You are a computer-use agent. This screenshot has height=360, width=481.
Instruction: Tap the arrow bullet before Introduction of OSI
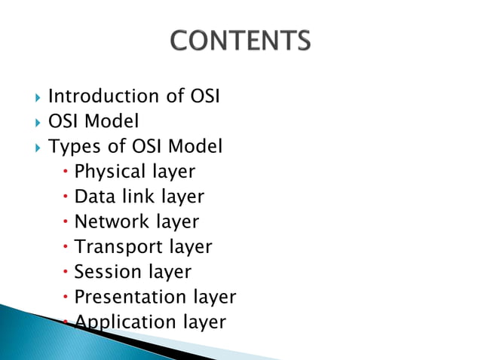(37, 97)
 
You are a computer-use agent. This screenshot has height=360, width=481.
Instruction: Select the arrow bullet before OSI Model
(37, 122)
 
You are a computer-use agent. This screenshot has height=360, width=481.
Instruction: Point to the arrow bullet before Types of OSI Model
(37, 147)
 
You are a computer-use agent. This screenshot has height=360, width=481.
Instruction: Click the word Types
(72, 147)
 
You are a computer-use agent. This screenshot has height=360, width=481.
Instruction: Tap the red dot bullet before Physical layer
(66, 172)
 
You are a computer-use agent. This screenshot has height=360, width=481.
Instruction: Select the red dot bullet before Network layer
(66, 222)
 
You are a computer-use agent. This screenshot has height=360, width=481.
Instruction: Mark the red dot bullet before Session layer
(66, 272)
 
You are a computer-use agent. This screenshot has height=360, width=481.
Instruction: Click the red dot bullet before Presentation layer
(66, 297)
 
